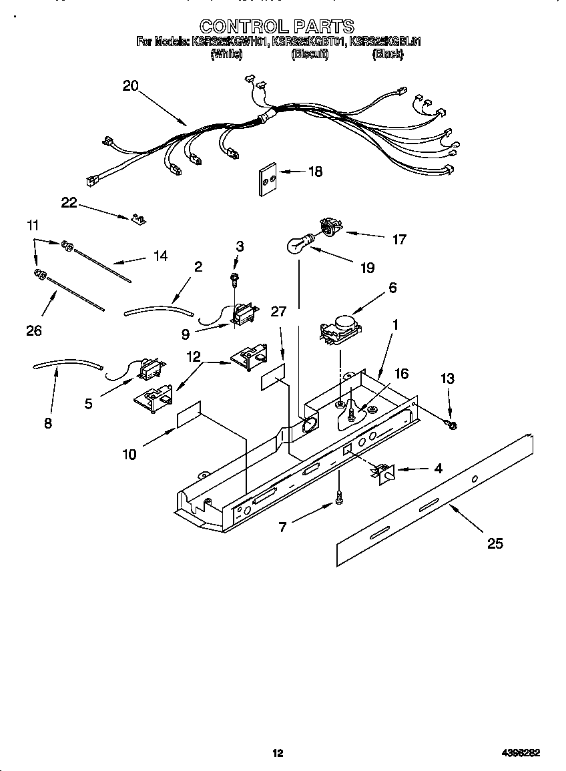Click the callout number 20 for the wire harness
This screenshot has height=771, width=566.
tap(130, 85)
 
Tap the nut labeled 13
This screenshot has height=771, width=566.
tap(452, 425)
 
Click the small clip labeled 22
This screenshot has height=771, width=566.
tap(138, 219)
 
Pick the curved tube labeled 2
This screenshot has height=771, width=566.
tap(158, 309)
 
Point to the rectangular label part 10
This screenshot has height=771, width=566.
tap(189, 416)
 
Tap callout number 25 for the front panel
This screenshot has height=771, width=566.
tap(495, 543)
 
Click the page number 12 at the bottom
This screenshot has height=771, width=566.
tap(278, 753)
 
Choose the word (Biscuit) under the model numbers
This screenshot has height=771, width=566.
tap(309, 55)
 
